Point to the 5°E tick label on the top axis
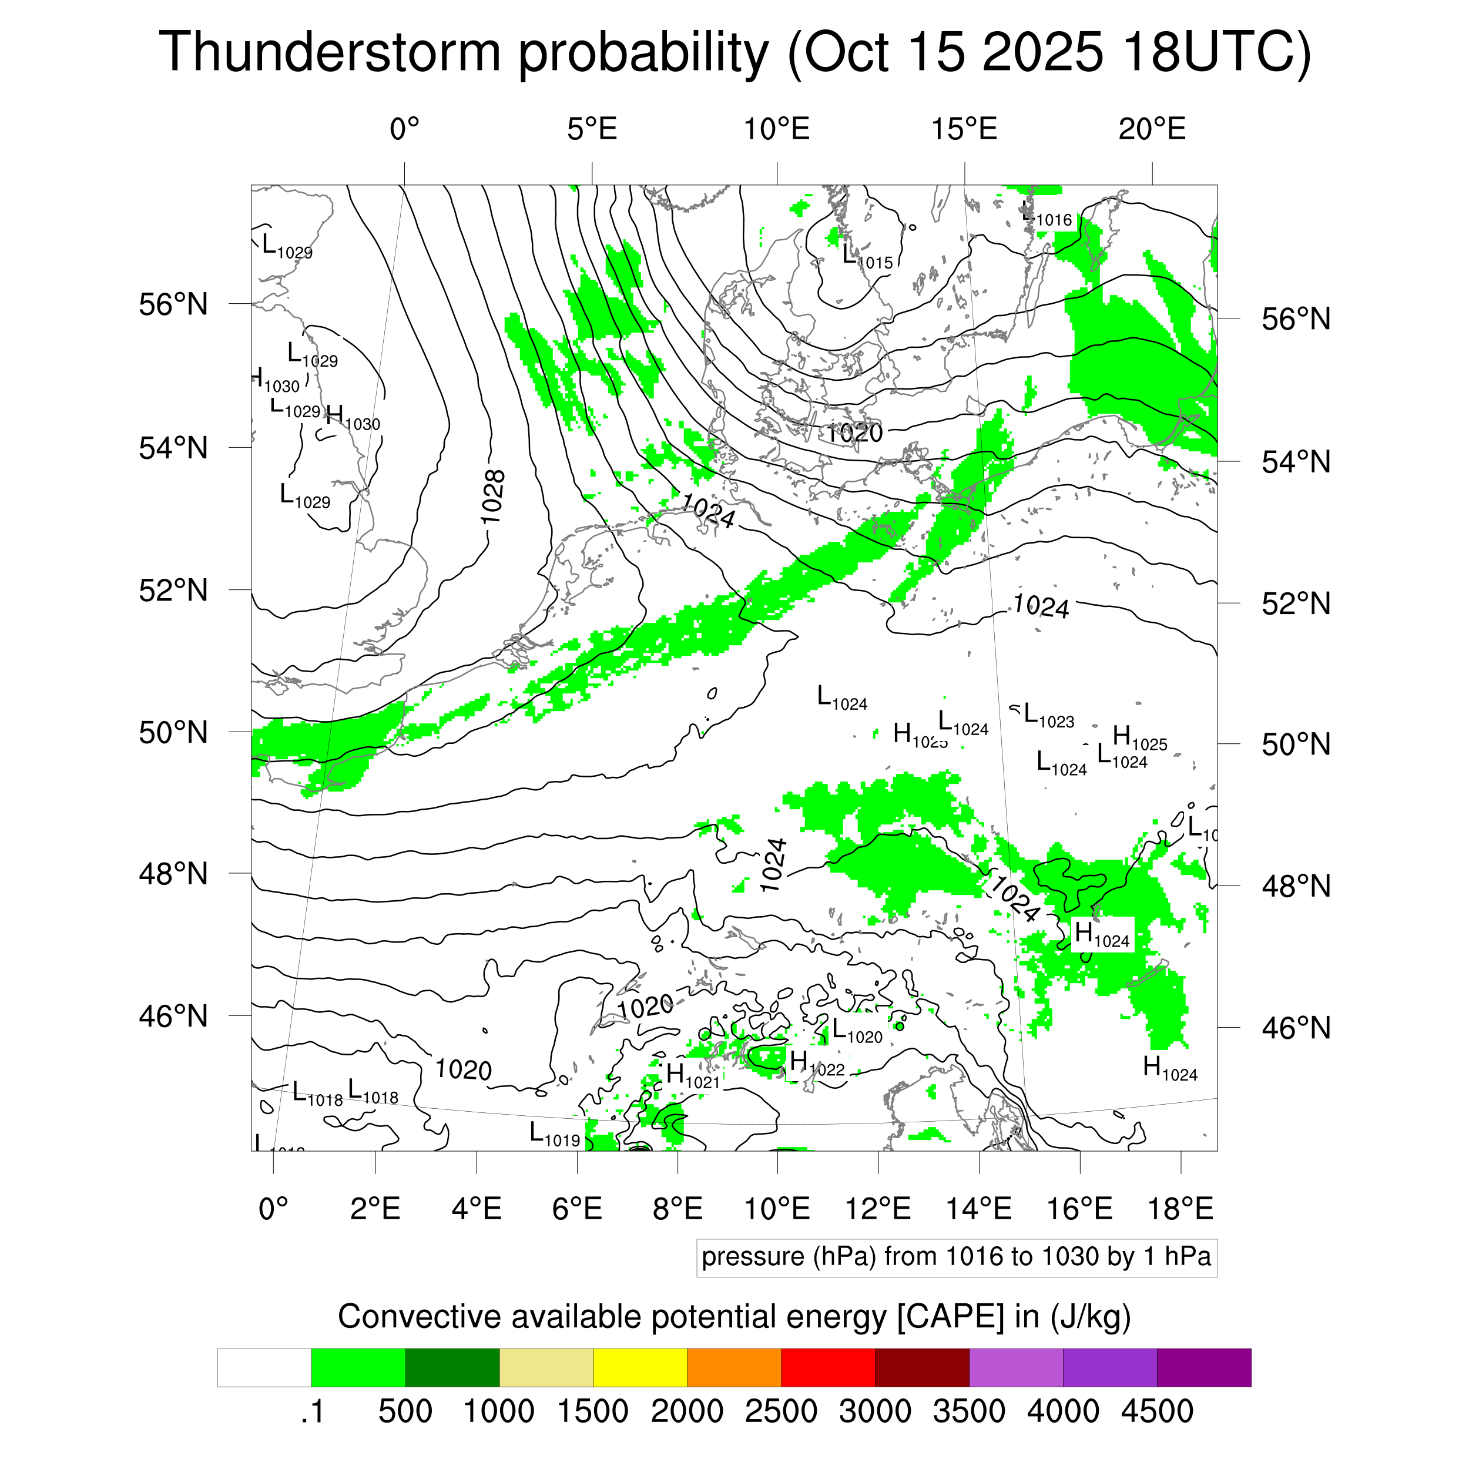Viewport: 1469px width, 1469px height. (592, 129)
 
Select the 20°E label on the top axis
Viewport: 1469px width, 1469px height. (1151, 129)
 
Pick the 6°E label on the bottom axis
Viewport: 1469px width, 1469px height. (577, 1208)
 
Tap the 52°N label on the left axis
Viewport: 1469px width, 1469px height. (173, 590)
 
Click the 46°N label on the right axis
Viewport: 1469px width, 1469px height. (1296, 1028)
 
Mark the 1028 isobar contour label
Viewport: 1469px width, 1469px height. (494, 497)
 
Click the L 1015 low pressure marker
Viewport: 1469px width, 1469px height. (867, 257)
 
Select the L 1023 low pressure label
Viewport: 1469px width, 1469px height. (1048, 716)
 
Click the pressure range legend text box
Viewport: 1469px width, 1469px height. (956, 1257)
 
